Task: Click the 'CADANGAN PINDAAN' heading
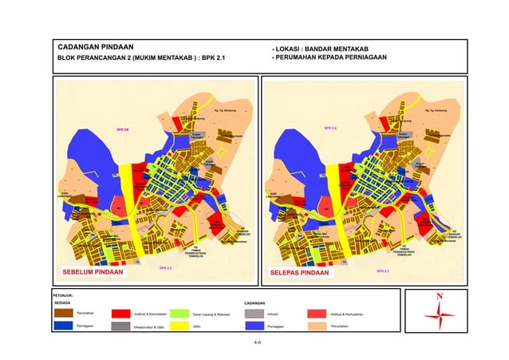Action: [x=94, y=45]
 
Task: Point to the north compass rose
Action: [x=439, y=315]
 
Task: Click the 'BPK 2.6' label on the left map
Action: [x=123, y=129]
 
